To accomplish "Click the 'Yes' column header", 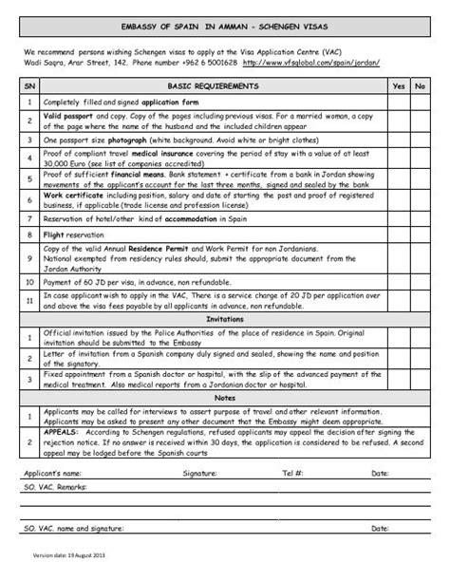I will (x=398, y=85).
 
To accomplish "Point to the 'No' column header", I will (x=421, y=85).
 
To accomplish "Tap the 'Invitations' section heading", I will (x=224, y=319).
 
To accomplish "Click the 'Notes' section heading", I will (x=224, y=400).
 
